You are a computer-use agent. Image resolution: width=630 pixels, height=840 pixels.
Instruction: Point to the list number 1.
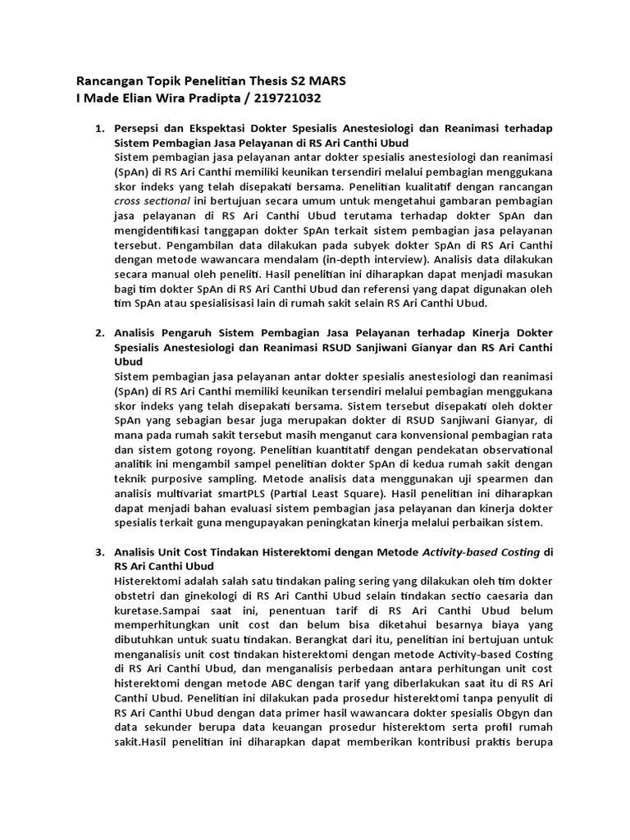(100, 130)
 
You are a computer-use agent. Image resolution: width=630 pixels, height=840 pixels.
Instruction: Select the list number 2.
(100, 332)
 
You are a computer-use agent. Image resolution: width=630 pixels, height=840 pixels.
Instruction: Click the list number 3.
(100, 553)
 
